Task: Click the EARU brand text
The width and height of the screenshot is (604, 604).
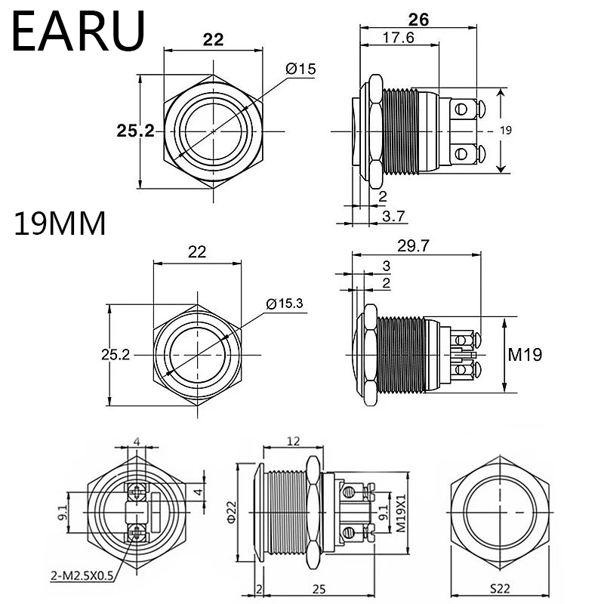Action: (77, 31)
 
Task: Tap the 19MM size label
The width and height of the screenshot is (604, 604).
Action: (60, 224)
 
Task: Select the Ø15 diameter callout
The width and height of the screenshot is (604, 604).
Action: (300, 69)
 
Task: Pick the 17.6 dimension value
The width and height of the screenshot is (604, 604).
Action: (398, 39)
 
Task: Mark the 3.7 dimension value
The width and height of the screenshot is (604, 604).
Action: (394, 216)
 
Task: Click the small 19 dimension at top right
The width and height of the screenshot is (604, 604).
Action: (506, 131)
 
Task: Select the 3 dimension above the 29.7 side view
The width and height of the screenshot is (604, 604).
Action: (386, 266)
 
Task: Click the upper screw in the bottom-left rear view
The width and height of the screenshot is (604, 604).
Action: (136, 492)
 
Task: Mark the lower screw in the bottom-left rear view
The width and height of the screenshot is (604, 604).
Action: (136, 533)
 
